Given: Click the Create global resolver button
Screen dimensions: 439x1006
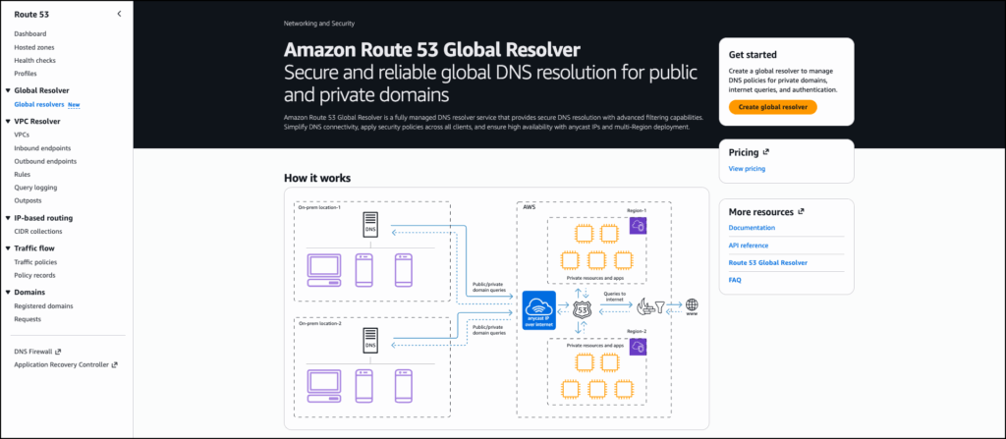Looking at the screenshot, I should [x=772, y=106].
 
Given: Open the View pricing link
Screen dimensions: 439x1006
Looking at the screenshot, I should [x=747, y=169].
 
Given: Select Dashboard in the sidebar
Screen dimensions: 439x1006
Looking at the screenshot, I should [x=30, y=34].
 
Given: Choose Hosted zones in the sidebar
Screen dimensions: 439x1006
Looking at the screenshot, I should [x=34, y=47].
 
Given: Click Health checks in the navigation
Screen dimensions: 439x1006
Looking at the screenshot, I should [x=35, y=60].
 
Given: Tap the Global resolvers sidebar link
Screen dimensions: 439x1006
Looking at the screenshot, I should [x=39, y=103].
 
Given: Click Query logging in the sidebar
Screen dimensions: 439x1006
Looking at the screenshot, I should [x=35, y=187].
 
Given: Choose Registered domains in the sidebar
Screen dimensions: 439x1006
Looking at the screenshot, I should [x=43, y=305].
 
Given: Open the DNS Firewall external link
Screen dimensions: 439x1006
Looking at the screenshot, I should [x=37, y=351].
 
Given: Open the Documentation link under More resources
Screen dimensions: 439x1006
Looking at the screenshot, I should [x=752, y=228].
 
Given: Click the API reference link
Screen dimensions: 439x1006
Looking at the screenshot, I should [x=749, y=246].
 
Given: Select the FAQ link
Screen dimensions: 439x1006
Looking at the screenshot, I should [x=735, y=280].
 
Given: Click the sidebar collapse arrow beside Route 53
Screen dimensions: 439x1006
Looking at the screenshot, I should [x=119, y=14].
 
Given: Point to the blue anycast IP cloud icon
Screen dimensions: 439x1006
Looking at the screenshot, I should [x=538, y=305].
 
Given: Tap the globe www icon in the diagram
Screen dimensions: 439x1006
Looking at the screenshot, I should [x=692, y=305].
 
